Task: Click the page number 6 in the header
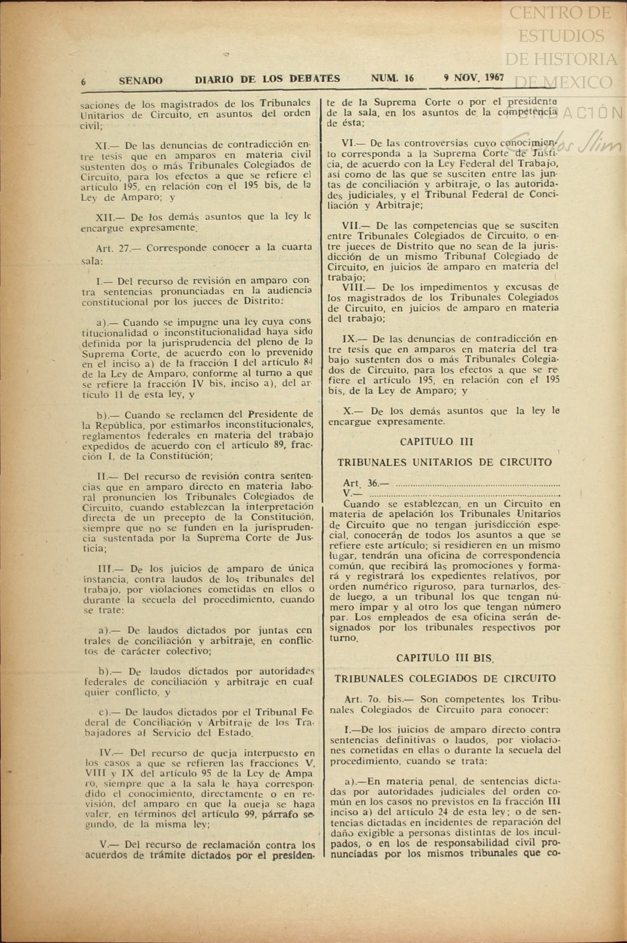(84, 81)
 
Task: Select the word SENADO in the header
(140, 80)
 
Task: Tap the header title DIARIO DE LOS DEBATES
(267, 79)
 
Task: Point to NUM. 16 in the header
(392, 78)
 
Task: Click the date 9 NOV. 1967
(474, 77)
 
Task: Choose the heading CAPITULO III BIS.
(445, 658)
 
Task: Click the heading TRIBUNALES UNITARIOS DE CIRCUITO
(445, 462)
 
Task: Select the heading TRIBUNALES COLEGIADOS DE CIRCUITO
(445, 678)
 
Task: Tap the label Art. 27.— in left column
(116, 248)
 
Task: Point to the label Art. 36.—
(365, 483)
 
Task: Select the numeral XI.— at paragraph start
(107, 145)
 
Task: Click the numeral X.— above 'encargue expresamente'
(353, 411)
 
